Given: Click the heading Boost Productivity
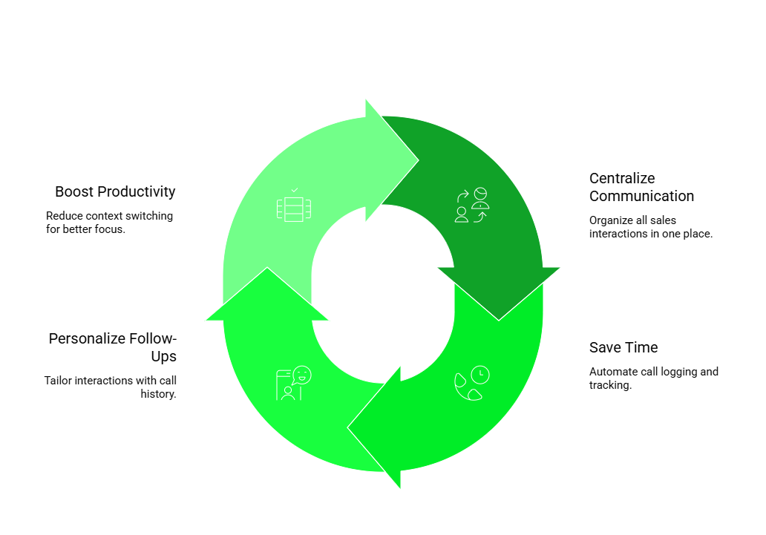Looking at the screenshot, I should tap(115, 191).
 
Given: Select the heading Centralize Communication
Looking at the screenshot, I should tap(641, 187).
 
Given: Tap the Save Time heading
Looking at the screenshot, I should tap(623, 347).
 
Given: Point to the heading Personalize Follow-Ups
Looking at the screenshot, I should tap(113, 347).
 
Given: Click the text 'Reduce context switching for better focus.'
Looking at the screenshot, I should tap(109, 223).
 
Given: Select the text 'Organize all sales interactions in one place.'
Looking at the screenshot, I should tap(651, 227).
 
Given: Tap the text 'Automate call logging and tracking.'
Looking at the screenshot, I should tap(653, 378).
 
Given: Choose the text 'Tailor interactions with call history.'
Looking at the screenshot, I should tap(111, 387).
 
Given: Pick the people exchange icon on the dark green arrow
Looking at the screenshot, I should tap(472, 206).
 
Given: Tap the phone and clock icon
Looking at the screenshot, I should tap(472, 383).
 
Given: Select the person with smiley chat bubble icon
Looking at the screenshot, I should tap(293, 383).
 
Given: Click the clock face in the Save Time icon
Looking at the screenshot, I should tap(480, 374).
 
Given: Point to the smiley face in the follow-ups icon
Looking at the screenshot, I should tap(302, 375).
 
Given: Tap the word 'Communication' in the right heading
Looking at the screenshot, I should tap(641, 196).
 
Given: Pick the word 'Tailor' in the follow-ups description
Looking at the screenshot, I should tap(59, 381).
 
